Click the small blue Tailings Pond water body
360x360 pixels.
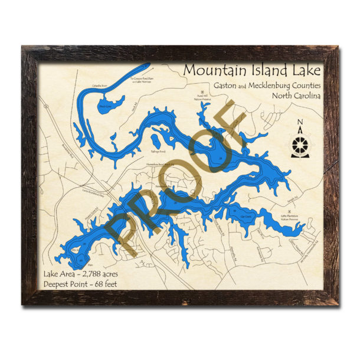click(x=156, y=142)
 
